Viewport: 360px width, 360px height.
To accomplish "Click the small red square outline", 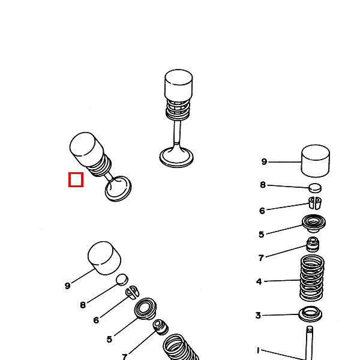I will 76,179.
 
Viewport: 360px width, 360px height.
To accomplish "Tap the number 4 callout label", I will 259,281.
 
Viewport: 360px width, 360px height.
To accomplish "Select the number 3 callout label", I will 258,316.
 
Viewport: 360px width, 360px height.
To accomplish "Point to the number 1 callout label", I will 259,350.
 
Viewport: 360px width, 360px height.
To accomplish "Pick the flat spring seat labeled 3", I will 310,313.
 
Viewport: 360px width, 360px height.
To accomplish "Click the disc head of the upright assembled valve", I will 176,157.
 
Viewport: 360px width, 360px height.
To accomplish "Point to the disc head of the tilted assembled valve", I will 118,188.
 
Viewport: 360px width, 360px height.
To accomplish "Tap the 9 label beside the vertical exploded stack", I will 264,162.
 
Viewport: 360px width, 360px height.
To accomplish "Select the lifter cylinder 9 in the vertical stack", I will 314,161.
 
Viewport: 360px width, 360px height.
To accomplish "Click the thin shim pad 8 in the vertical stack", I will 315,188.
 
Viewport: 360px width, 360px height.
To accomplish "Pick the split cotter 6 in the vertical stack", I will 315,202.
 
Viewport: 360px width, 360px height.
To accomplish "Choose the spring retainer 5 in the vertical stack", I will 313,224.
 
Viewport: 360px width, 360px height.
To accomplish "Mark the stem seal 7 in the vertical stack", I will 313,244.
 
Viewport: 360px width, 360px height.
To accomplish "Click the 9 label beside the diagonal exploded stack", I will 68,286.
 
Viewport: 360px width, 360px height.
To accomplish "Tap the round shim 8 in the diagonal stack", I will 122,279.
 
